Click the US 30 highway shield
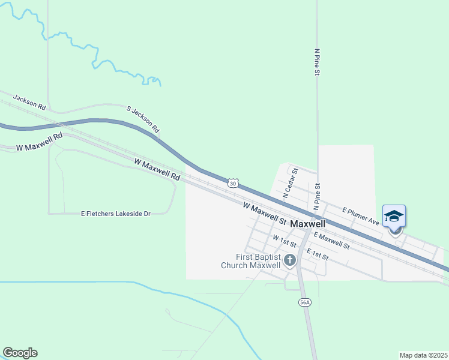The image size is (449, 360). (234, 182)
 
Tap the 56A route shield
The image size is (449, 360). (305, 303)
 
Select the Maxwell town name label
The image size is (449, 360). (308, 223)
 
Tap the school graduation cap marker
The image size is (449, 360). (394, 216)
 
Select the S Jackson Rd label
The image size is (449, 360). (143, 119)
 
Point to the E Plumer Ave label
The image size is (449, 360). (360, 216)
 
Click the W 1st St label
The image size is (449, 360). (285, 241)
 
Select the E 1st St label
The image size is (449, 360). (318, 254)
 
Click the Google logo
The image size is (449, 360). (20, 353)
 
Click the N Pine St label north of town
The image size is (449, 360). (317, 62)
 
